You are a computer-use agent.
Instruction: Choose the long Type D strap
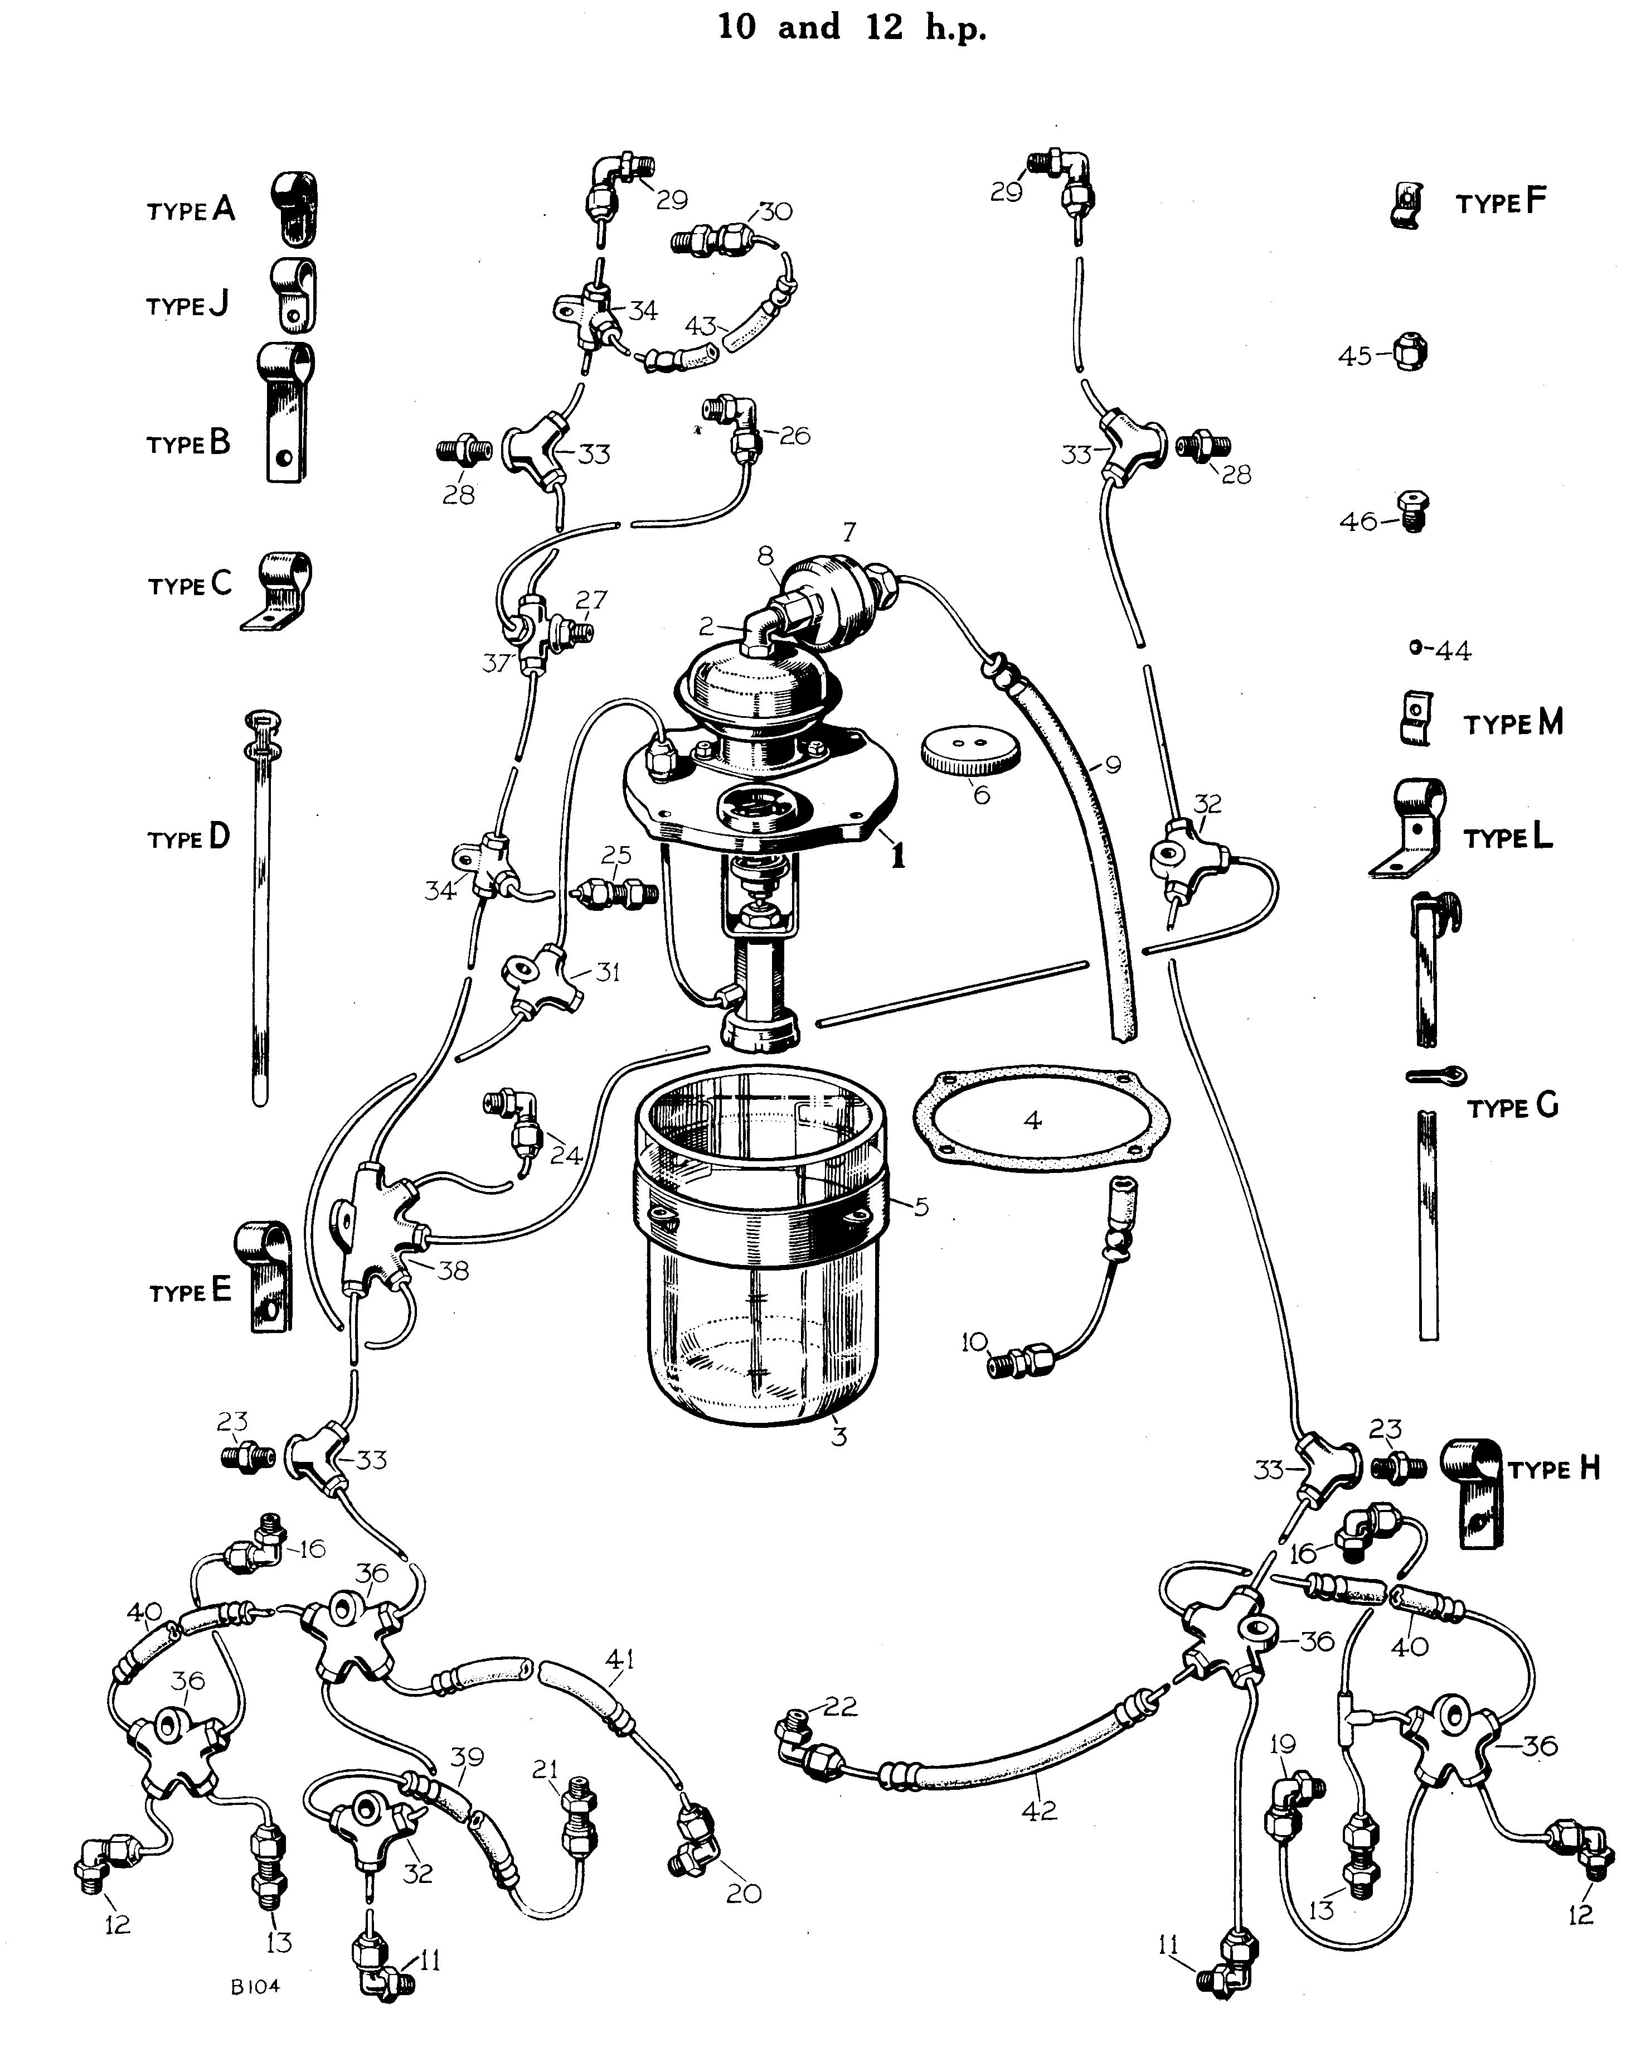point(260,907)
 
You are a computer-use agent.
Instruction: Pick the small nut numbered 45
point(1411,353)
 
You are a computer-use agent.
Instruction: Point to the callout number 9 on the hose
point(1113,764)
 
